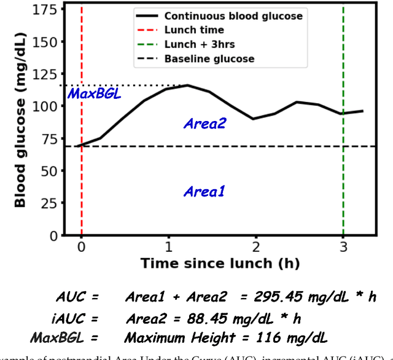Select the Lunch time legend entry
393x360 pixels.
(193, 30)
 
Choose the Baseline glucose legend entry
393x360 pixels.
(209, 59)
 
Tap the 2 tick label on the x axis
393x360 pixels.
(255, 247)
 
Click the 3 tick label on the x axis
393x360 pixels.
(343, 247)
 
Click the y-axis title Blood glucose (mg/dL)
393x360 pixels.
(20, 122)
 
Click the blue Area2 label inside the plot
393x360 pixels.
(204, 124)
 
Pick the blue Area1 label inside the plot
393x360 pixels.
(204, 192)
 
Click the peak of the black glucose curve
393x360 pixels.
(187, 85)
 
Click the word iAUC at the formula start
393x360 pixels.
(68, 318)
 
